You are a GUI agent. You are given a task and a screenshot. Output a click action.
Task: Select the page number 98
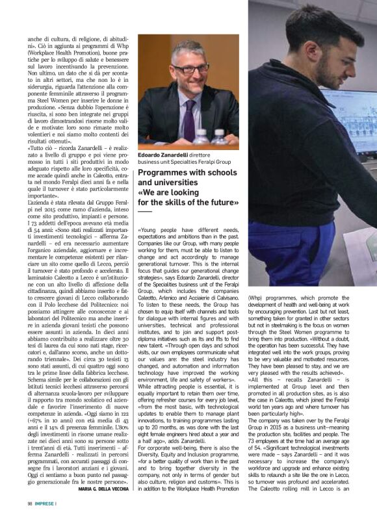(30, 520)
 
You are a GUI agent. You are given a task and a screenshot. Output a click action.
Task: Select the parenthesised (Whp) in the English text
(257, 298)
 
